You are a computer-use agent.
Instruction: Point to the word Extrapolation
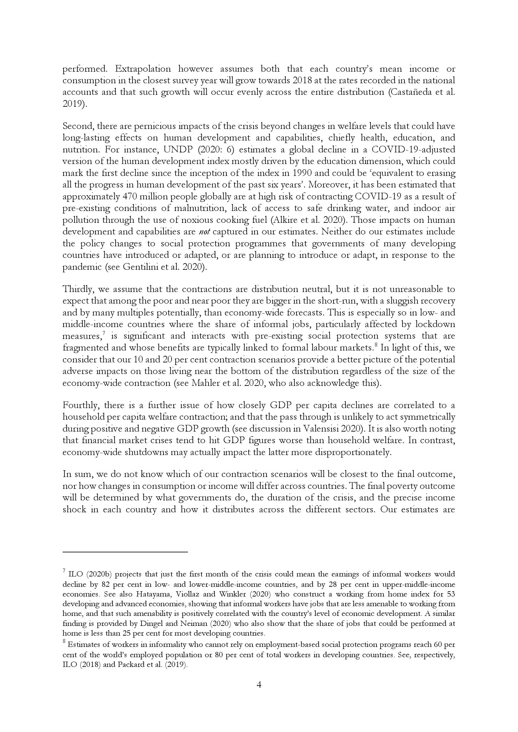pos(143,69)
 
